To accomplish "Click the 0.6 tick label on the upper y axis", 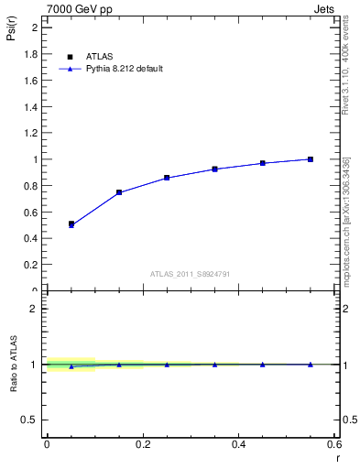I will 30,213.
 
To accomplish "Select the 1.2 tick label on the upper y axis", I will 30,133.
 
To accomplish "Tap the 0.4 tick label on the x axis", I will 238,444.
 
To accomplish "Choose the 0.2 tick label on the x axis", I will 142,444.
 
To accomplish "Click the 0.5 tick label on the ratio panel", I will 30,420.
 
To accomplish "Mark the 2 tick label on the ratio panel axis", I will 35,309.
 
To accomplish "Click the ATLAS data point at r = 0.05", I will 71,224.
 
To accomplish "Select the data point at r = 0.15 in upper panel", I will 119,192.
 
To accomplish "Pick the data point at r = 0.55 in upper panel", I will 311,159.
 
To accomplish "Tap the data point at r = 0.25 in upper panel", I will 167,178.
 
